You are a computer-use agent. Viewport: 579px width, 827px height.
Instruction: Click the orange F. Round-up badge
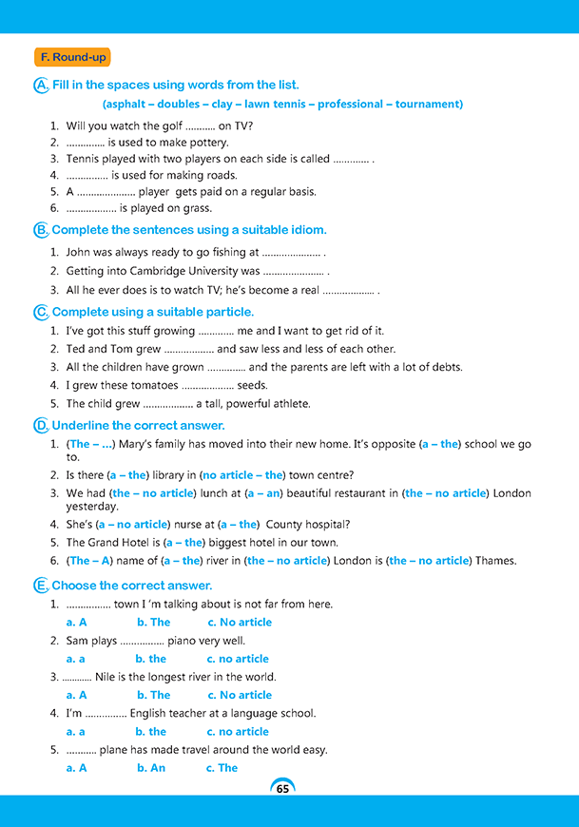pos(71,57)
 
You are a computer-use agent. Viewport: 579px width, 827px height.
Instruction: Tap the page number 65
pos(282,788)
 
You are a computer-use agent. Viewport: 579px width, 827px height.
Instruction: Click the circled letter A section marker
pos(41,86)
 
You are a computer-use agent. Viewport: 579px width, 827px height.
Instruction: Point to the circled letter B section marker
pos(41,230)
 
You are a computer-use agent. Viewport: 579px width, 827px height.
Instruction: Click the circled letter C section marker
pos(41,312)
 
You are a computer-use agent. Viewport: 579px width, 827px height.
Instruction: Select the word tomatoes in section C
pos(153,385)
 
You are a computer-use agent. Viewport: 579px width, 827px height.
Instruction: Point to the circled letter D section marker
pos(41,425)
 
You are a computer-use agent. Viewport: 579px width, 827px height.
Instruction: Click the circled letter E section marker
pos(41,586)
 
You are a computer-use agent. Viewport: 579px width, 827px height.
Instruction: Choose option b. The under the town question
pos(153,623)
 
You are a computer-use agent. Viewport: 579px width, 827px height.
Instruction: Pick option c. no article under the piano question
pos(238,659)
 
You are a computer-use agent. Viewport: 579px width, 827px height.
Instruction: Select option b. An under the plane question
pos(151,768)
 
